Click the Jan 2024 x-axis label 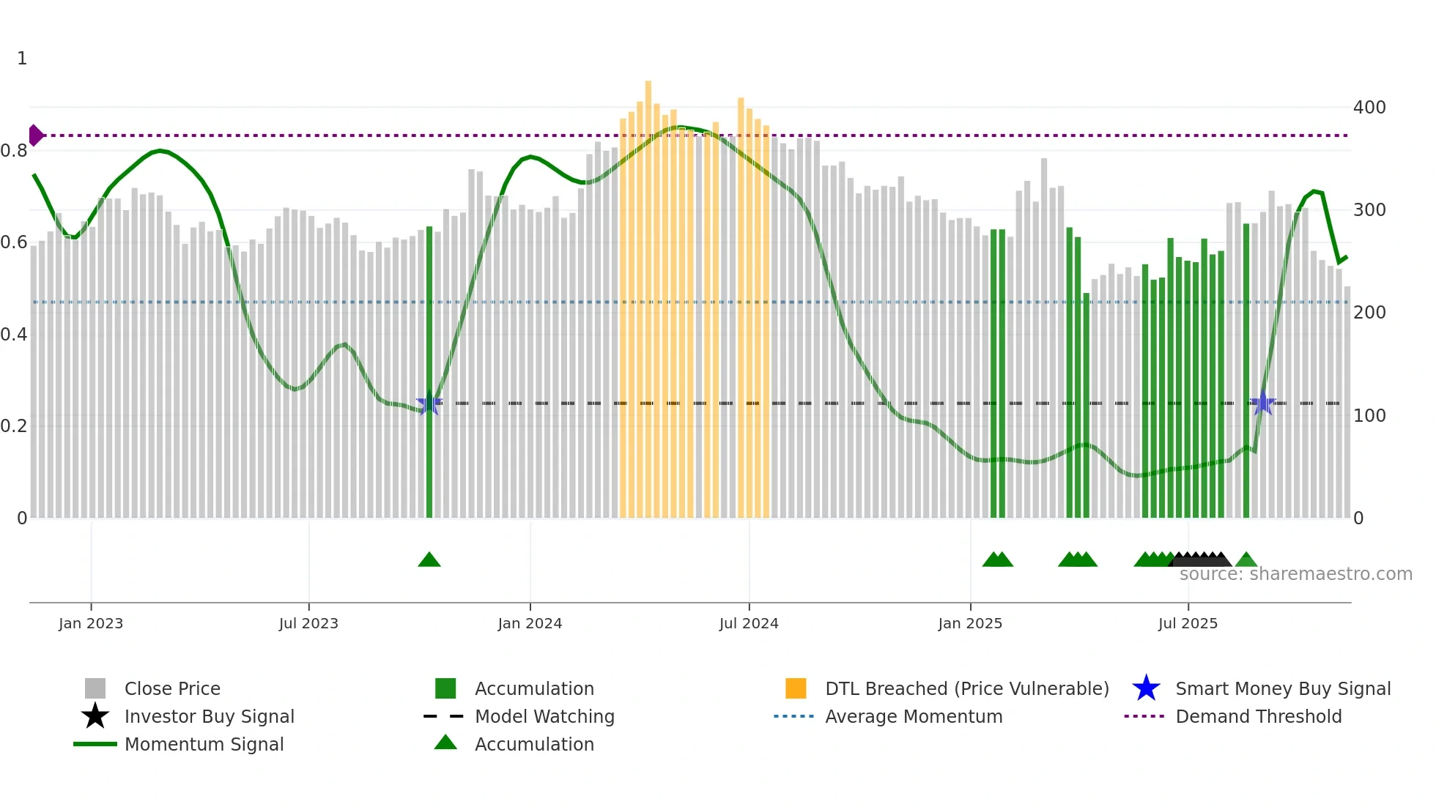tap(530, 623)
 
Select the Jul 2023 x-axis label tap(308, 623)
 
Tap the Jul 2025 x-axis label tap(1188, 623)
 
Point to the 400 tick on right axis tap(1369, 108)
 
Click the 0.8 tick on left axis tap(14, 151)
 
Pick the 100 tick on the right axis tap(1369, 416)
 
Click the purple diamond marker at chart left tap(35, 135)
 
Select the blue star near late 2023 tap(429, 403)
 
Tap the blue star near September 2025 tap(1262, 403)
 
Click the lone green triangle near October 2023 tap(429, 560)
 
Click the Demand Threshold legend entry tap(1258, 716)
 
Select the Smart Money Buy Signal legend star tap(1146, 688)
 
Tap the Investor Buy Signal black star tap(95, 716)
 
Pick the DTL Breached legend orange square tap(796, 688)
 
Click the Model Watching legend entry tap(544, 716)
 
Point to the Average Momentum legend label tap(914, 716)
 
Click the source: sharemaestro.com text tap(1295, 574)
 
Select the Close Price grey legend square tap(95, 688)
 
